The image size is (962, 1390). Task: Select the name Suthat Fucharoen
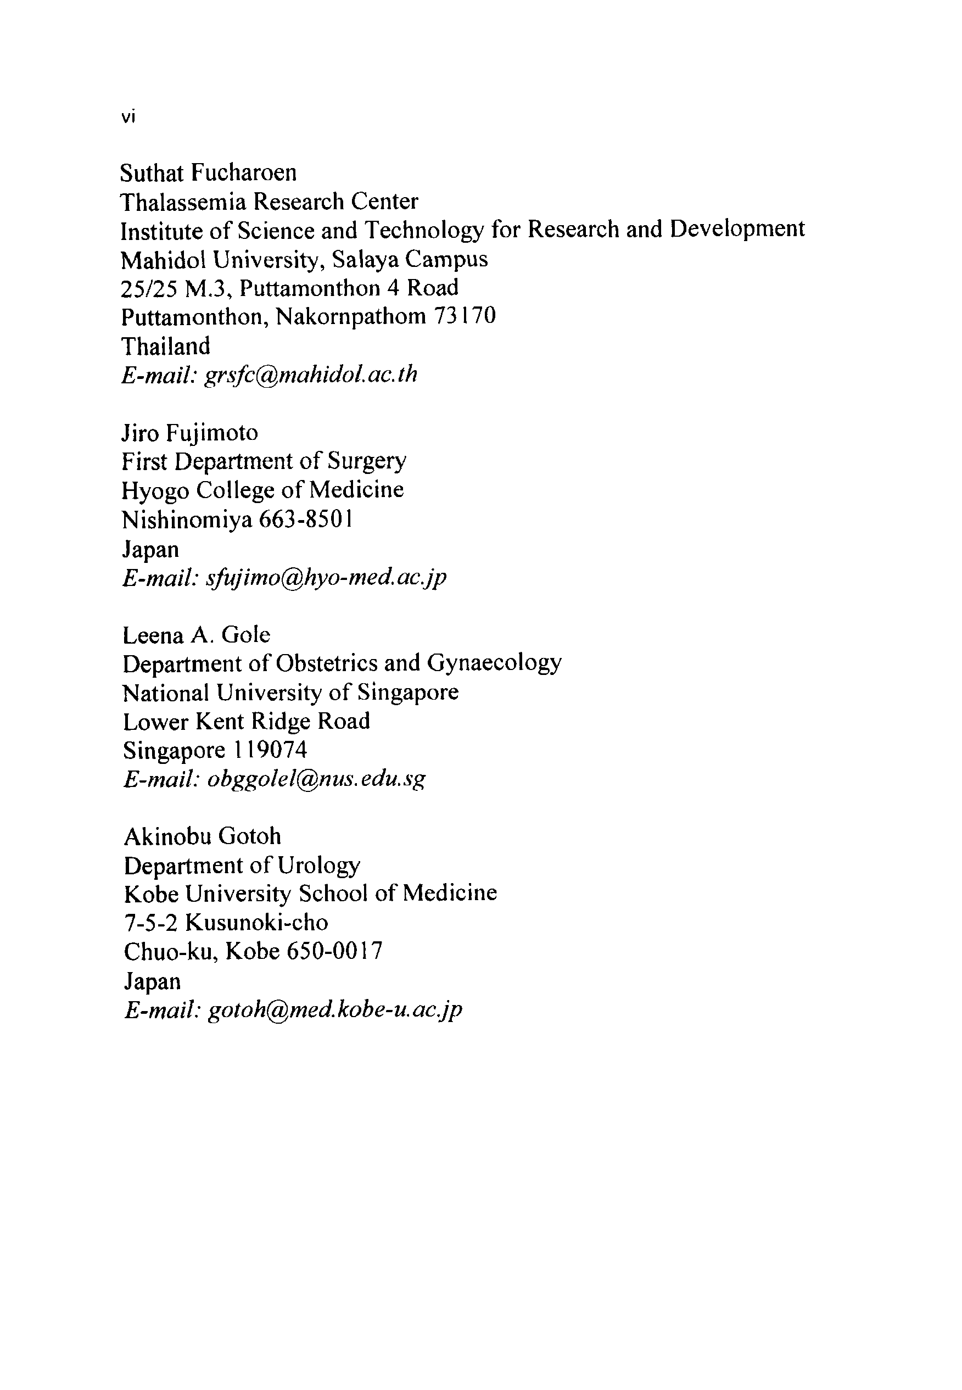click(x=208, y=173)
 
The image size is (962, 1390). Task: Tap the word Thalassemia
click(x=183, y=202)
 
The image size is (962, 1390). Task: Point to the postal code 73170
click(x=465, y=315)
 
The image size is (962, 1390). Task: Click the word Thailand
click(x=166, y=347)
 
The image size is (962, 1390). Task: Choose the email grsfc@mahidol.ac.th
click(x=311, y=375)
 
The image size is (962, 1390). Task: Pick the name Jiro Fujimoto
click(x=190, y=432)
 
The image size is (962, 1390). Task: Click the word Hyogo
click(x=155, y=490)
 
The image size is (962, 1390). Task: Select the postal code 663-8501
click(x=306, y=519)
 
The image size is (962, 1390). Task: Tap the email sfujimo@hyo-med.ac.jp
click(x=326, y=577)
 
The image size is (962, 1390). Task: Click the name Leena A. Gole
click(x=197, y=635)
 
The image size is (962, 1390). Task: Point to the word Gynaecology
click(x=494, y=663)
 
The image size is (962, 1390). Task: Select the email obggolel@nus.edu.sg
click(x=316, y=779)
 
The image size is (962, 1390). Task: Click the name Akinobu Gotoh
click(x=203, y=836)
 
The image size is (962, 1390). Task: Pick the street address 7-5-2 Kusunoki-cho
click(x=226, y=922)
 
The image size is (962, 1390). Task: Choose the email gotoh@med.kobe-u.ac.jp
click(x=335, y=1009)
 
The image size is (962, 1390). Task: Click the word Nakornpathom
click(x=351, y=316)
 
